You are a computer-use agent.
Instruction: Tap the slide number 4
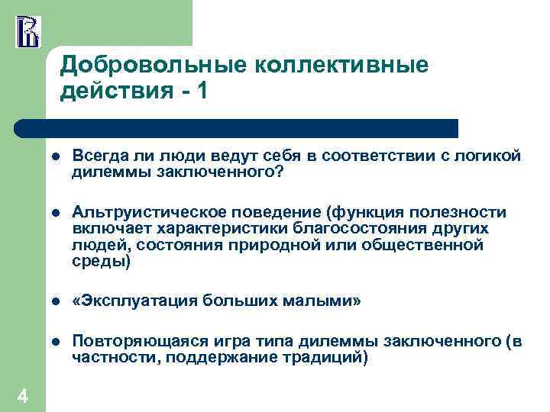(x=22, y=395)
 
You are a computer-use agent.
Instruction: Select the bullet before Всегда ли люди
(x=57, y=157)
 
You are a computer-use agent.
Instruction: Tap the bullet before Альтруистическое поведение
(x=57, y=212)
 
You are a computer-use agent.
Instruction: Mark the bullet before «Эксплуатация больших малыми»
(x=57, y=301)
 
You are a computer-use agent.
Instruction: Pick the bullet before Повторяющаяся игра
(x=57, y=343)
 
